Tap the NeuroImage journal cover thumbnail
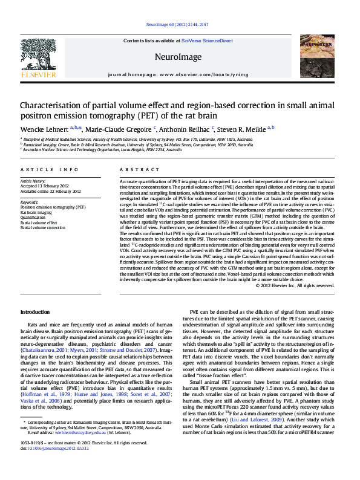[x=318, y=59]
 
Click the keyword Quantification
[x=34, y=216]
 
